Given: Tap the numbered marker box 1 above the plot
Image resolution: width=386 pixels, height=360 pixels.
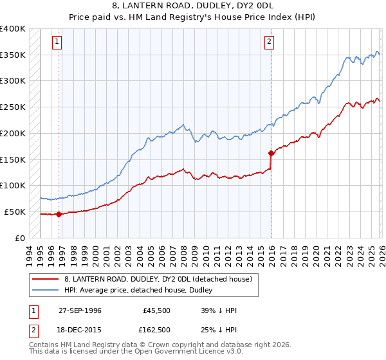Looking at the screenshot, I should (x=57, y=42).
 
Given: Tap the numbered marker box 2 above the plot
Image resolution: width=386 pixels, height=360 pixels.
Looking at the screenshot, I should (x=269, y=42).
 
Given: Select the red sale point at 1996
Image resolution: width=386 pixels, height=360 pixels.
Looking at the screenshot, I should (x=59, y=214).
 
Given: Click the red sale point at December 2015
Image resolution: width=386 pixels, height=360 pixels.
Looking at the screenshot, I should (x=271, y=153).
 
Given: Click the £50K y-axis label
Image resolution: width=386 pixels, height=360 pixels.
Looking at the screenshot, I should (x=15, y=212).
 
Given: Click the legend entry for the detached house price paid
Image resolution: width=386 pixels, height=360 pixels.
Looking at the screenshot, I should (x=161, y=278).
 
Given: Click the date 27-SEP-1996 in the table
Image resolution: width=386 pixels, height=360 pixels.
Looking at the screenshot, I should (x=80, y=310).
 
